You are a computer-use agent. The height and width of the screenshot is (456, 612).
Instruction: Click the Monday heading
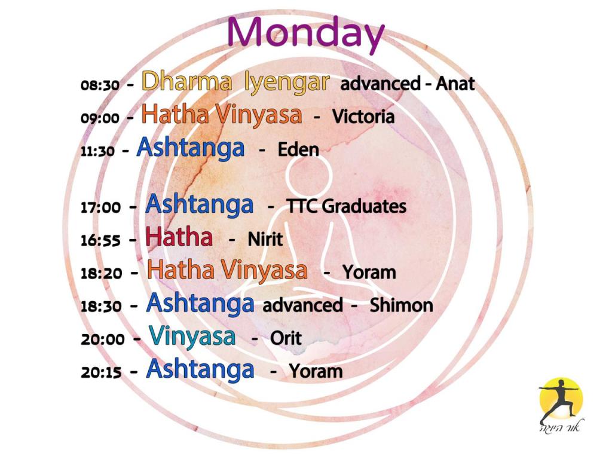click(305, 34)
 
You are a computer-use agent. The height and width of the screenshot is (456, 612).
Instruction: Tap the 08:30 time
click(100, 85)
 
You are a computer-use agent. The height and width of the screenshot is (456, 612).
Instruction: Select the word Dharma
click(186, 81)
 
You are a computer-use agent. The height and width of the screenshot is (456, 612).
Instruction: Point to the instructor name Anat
click(455, 84)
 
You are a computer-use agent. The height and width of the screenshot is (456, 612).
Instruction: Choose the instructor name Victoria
click(363, 117)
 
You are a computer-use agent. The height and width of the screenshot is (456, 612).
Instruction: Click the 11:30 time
click(97, 151)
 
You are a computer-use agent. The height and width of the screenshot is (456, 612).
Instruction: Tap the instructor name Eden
click(298, 149)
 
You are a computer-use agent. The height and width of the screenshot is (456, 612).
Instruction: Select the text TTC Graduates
click(347, 206)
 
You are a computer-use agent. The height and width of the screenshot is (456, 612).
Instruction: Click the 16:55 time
click(100, 240)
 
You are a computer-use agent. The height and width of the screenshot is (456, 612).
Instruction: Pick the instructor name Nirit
click(265, 239)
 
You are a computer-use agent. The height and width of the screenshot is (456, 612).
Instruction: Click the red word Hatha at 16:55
click(179, 237)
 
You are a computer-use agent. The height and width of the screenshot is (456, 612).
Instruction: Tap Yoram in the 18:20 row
click(369, 272)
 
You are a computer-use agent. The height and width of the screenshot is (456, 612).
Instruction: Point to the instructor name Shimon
click(401, 305)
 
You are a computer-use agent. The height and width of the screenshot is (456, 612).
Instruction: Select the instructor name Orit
click(286, 338)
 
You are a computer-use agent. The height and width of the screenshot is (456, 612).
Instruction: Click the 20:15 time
click(101, 372)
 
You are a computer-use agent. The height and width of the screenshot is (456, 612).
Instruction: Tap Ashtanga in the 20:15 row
click(200, 369)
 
